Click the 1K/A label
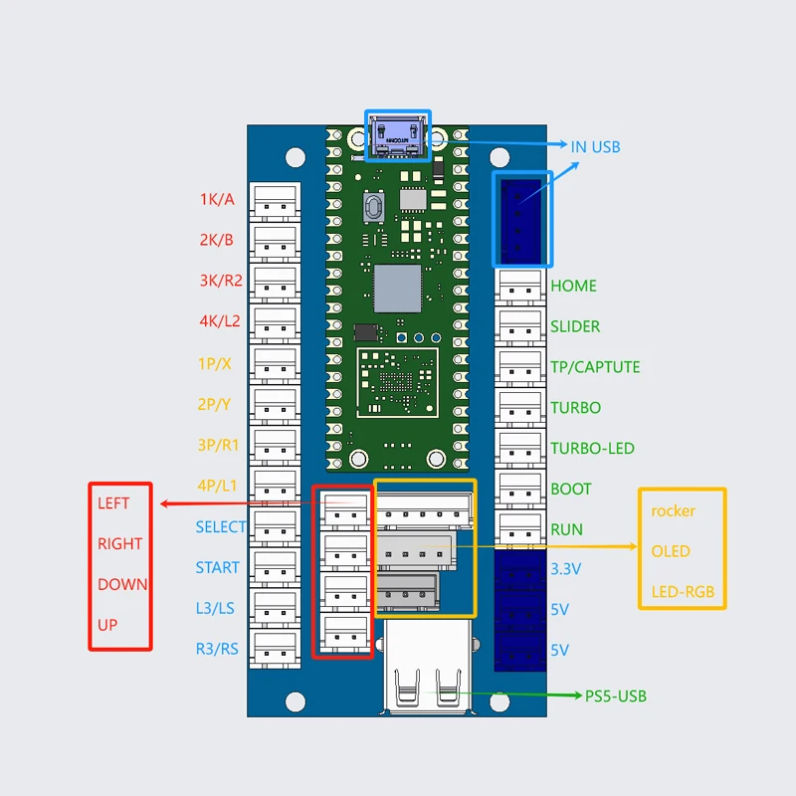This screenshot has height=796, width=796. click(x=217, y=199)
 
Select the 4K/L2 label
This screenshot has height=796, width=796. click(x=219, y=321)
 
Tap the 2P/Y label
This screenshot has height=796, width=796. click(x=214, y=404)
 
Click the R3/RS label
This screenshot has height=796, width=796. click(x=217, y=650)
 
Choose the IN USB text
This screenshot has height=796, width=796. click(x=595, y=147)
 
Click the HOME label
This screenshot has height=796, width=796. click(x=573, y=286)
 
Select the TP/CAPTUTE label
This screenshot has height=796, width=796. click(x=595, y=367)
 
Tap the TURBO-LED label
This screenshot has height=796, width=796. click(x=592, y=449)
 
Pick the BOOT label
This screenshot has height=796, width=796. click(x=570, y=490)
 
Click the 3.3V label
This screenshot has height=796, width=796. click(x=565, y=570)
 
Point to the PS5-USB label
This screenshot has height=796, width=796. click(x=616, y=696)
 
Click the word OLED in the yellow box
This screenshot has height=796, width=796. click(x=671, y=551)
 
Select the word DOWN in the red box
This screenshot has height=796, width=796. click(x=122, y=585)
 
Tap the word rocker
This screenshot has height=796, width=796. click(x=674, y=511)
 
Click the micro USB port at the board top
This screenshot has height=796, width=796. click(x=398, y=135)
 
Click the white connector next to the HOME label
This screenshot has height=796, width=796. click(x=520, y=285)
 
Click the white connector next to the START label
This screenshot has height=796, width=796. click(x=275, y=568)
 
